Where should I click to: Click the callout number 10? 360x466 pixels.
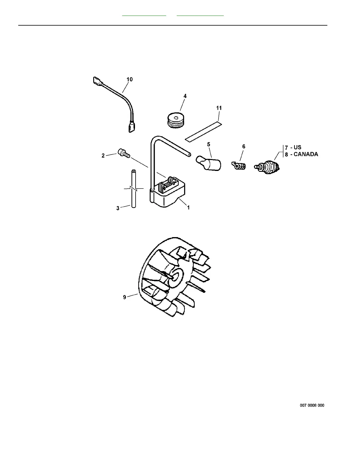(x=129, y=79)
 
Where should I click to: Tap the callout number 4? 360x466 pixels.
(x=185, y=96)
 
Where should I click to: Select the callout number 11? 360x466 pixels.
(x=219, y=108)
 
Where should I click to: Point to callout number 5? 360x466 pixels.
(x=209, y=144)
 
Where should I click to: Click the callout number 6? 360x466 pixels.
(x=244, y=147)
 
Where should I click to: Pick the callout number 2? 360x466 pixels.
(x=103, y=156)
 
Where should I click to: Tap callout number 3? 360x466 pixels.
(x=118, y=208)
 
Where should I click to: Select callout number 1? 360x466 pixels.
(x=188, y=208)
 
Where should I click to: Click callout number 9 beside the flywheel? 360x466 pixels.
(x=124, y=297)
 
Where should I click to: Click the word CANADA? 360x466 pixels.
(x=306, y=154)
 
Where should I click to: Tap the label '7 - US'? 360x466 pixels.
(x=293, y=148)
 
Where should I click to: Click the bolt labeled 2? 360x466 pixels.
(x=123, y=153)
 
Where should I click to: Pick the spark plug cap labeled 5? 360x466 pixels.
(x=209, y=163)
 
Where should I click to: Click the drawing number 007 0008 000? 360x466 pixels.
(x=312, y=405)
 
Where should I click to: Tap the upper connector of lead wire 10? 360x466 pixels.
(x=97, y=80)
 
